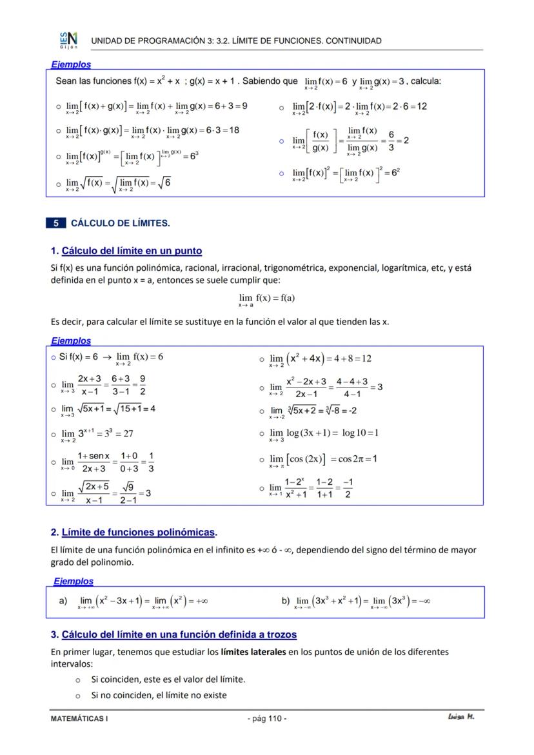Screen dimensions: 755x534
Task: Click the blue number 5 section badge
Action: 55,224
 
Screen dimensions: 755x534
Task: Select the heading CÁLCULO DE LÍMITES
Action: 120,224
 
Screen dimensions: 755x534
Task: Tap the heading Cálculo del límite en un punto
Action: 132,251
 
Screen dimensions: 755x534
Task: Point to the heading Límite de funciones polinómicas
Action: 138,533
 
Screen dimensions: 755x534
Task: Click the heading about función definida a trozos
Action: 179,634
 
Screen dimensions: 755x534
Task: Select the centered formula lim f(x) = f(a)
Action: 266,299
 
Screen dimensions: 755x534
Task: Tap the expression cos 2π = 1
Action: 357,459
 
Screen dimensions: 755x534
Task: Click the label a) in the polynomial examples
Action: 63,601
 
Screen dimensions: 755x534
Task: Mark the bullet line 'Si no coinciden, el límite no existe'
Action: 159,695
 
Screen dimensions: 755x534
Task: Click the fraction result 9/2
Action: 142,385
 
